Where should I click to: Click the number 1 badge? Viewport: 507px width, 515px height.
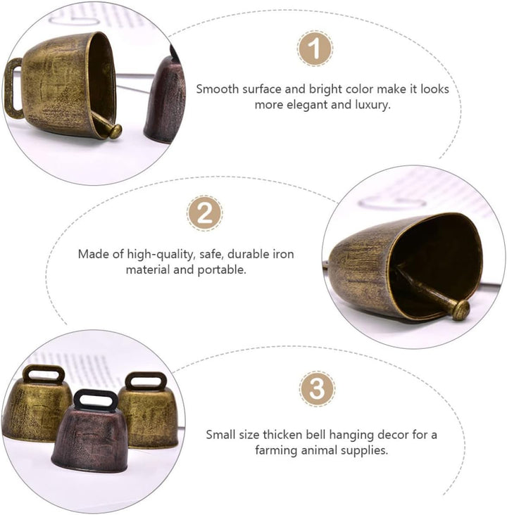315,49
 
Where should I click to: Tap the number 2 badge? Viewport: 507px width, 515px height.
204,213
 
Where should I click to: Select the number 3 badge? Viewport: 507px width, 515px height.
317,389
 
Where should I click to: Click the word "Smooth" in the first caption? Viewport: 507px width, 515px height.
218,89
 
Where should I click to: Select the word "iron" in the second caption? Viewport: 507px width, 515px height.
283,254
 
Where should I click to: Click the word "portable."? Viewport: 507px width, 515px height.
222,270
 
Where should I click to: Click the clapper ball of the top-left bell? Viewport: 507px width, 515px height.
115,132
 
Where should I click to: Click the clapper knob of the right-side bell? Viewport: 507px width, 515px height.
462,310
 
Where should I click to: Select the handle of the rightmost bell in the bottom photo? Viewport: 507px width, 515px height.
146,381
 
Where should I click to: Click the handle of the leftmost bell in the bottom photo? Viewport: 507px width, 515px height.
44,374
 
